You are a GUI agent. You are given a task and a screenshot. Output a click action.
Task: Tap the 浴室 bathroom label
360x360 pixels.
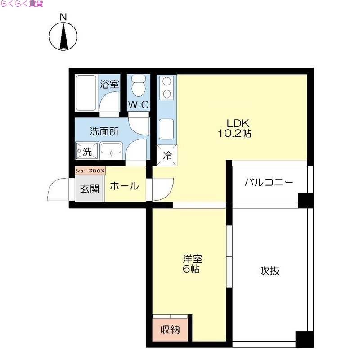tap(109, 84)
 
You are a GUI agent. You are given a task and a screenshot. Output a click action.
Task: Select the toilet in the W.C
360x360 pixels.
tap(138, 85)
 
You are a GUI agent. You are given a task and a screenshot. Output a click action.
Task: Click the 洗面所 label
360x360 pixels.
tap(104, 132)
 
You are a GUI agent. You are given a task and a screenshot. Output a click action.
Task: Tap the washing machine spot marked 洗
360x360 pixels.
tap(86, 151)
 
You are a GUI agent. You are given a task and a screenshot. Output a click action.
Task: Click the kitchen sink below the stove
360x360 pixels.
tap(166, 130)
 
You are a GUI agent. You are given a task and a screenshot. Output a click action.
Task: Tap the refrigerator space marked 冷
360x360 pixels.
tap(167, 156)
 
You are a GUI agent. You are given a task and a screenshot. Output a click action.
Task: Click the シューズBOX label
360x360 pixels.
tap(90, 171)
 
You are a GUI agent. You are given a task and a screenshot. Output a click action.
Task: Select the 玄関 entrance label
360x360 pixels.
tap(90, 189)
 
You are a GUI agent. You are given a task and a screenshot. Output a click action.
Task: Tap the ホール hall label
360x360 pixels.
tap(124, 186)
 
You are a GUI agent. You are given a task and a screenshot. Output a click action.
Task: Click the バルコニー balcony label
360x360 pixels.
tap(269, 183)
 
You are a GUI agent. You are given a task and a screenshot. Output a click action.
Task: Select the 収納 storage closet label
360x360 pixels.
tap(171, 330)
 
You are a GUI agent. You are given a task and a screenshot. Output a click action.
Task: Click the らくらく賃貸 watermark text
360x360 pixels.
tap(22, 4)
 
